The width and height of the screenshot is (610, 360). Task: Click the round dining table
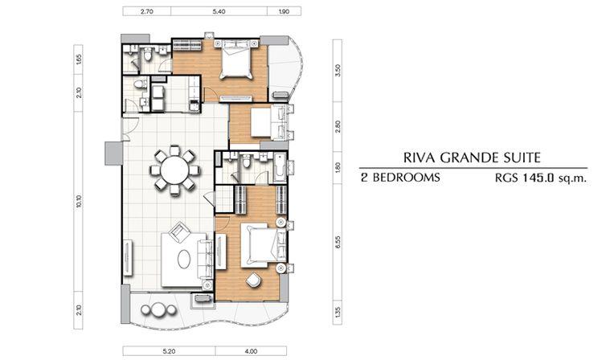coord(174,170)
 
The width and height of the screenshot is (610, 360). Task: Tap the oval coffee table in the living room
coord(184,259)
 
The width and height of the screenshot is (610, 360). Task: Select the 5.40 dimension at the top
coord(219,12)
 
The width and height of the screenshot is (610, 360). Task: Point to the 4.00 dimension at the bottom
coord(251,351)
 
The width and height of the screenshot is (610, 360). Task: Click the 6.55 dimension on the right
coord(338,242)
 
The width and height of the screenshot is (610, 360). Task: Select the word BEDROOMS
coord(406,178)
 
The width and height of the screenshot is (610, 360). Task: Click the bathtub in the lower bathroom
coord(280,168)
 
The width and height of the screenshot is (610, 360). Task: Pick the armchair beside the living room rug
coord(179,231)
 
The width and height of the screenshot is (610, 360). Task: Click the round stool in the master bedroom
coord(254,280)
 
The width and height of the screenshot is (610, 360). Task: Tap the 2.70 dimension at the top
coord(146,12)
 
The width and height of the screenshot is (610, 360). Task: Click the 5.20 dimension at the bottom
coord(169,351)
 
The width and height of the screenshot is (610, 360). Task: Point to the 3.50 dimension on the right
coord(338,71)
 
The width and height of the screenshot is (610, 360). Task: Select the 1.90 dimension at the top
coord(284,12)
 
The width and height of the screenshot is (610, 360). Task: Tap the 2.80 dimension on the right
coord(338,126)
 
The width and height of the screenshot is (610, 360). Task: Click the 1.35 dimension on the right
coord(338,312)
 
